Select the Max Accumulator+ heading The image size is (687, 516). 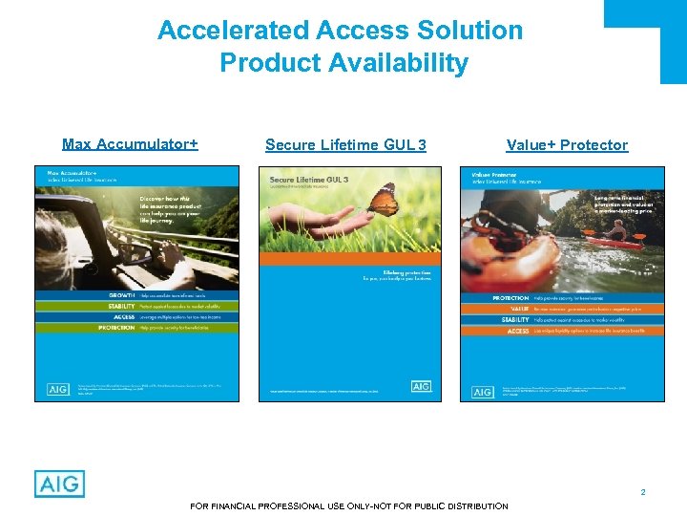tap(130, 144)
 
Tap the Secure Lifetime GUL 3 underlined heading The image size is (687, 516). tap(345, 145)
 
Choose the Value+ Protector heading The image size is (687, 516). tap(567, 145)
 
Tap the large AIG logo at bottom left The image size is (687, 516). tap(59, 484)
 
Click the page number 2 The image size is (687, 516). tap(643, 492)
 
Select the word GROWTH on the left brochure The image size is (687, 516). tap(120, 295)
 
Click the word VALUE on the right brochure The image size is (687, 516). tap(519, 309)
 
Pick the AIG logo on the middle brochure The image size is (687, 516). tap(421, 386)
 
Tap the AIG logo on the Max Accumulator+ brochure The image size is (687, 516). tap(57, 389)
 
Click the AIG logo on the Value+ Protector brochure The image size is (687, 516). tap(483, 391)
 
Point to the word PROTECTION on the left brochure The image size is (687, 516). tap(116, 328)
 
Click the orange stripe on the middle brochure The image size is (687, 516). tap(350, 258)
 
